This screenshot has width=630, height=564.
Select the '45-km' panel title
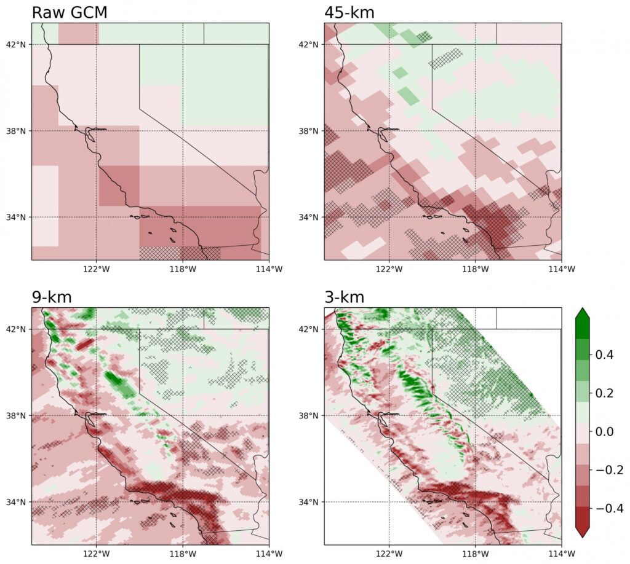[349, 12]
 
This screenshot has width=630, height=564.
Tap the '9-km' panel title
[52, 297]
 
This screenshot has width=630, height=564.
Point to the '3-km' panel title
[344, 297]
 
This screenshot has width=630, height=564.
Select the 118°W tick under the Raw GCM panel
[182, 269]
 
